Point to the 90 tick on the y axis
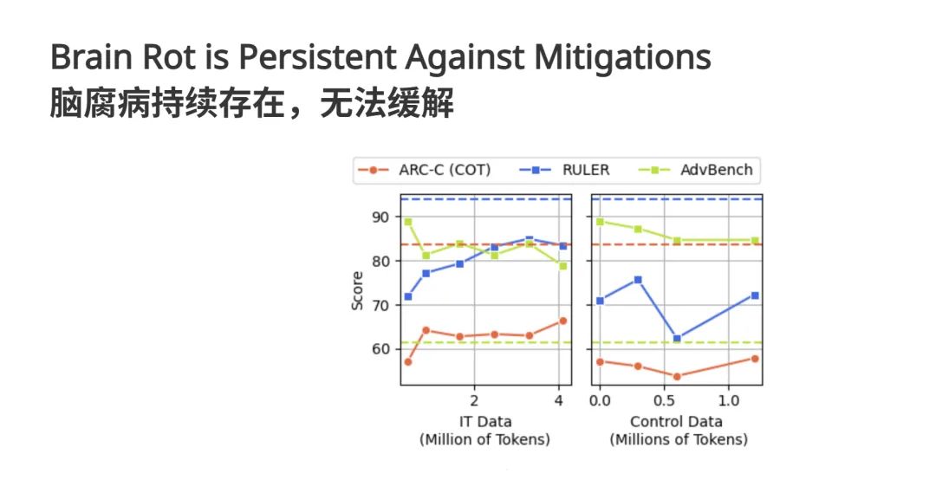pyautogui.click(x=381, y=217)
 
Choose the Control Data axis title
pyautogui.click(x=677, y=422)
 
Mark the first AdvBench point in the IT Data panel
pyautogui.click(x=408, y=222)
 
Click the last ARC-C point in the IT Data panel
pyautogui.click(x=562, y=321)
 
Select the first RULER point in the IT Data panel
pyautogui.click(x=408, y=296)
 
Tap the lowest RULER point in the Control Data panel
pyautogui.click(x=677, y=339)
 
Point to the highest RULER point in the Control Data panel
pyautogui.click(x=638, y=280)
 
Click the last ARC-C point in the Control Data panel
pyautogui.click(x=755, y=358)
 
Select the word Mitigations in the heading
pyautogui.click(x=621, y=59)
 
